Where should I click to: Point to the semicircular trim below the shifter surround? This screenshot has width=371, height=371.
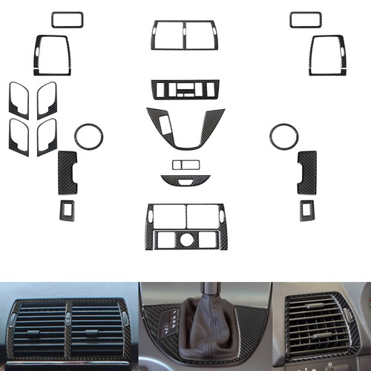(x=185, y=180)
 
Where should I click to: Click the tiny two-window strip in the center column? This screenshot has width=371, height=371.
(x=185, y=164)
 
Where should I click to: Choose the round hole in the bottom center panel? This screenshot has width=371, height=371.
(x=185, y=239)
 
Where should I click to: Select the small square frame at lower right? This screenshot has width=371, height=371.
(x=307, y=210)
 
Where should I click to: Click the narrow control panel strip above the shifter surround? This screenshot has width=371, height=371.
(x=185, y=90)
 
